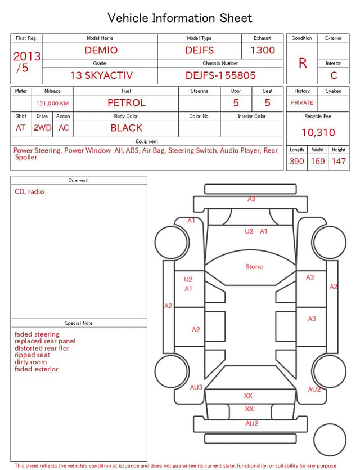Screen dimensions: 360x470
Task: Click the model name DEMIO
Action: pos(101,50)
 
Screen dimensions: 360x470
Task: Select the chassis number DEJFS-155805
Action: pos(220,75)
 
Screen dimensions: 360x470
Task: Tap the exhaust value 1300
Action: pos(263,50)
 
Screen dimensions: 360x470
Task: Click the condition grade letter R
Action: pos(303,63)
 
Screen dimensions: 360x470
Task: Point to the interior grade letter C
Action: pos(334,75)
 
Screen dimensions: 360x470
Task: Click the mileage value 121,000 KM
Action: pos(52,104)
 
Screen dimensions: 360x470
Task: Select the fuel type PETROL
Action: pos(127,103)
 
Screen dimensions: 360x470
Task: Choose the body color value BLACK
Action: pos(127,128)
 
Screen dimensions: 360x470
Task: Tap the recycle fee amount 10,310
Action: pos(318,132)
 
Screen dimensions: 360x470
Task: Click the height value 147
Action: pos(339,161)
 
